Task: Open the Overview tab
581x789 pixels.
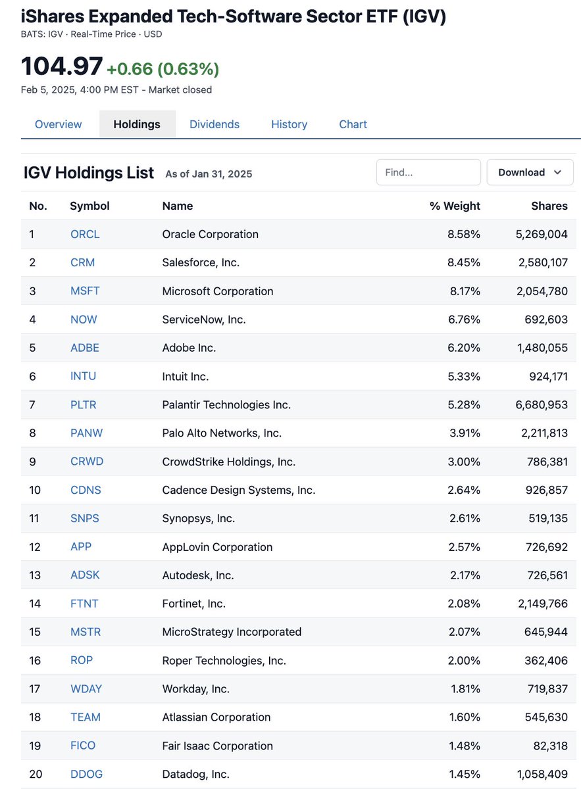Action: coord(58,124)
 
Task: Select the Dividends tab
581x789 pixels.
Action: coord(215,124)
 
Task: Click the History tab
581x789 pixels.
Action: coord(289,124)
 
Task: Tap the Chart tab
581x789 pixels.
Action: coord(353,124)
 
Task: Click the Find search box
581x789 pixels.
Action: coord(428,172)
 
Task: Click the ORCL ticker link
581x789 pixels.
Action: coord(85,234)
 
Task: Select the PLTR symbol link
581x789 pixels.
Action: coord(83,405)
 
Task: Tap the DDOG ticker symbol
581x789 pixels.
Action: coord(86,774)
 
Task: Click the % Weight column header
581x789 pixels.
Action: coord(455,206)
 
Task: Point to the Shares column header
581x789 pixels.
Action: coord(549,206)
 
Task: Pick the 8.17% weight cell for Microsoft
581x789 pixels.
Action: coord(465,291)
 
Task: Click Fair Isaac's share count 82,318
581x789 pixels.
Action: coord(550,746)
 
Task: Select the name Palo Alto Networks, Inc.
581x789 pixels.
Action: coord(222,433)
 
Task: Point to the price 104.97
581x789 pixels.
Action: coord(62,66)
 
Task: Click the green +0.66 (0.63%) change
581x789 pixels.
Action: coord(163,68)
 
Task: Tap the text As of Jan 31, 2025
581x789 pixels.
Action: coord(209,174)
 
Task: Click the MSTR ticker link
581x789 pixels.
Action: coord(86,632)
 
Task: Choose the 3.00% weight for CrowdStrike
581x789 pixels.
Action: coord(464,462)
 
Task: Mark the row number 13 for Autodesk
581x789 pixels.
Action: coord(35,575)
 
